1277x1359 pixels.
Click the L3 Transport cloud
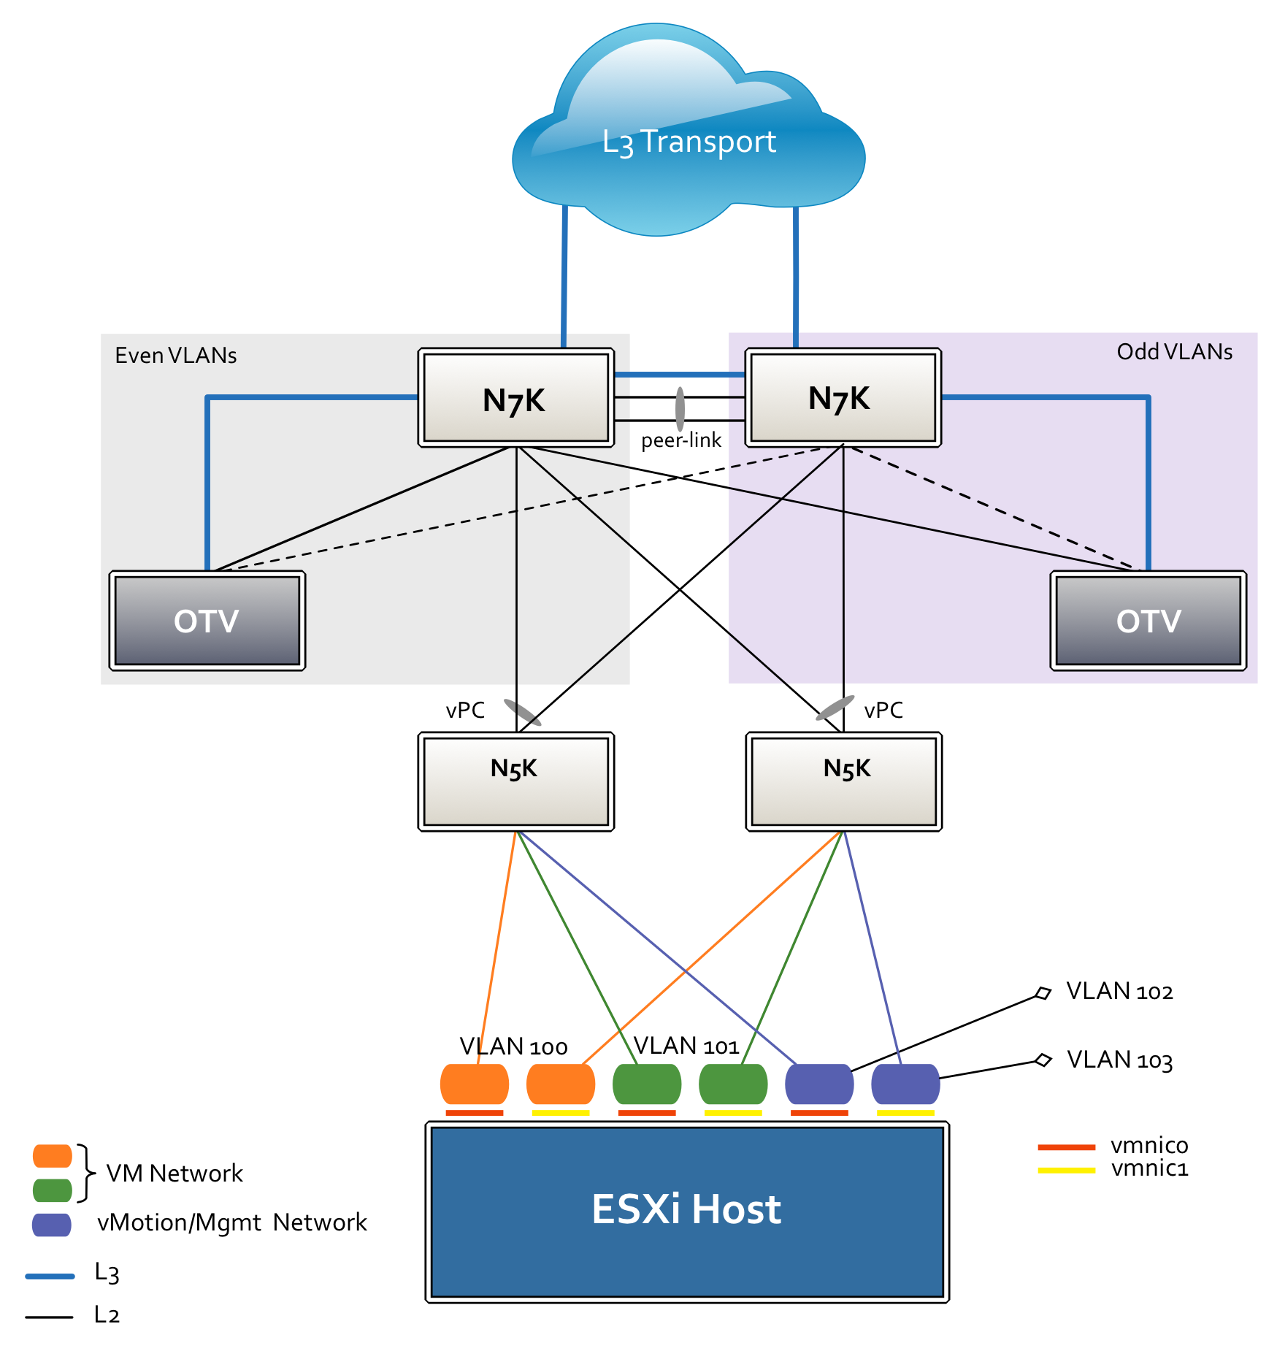pos(689,131)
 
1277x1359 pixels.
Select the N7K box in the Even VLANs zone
pos(515,397)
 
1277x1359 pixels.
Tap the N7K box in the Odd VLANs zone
pos(843,397)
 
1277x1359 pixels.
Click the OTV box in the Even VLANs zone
pos(207,621)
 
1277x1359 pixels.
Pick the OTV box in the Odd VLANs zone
pos(1148,621)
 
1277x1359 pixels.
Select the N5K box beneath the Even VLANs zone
pos(515,781)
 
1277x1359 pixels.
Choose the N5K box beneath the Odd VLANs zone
pos(843,781)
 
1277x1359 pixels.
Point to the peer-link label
pos(681,440)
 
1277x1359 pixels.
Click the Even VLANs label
pos(176,356)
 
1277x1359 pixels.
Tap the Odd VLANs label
pos(1175,352)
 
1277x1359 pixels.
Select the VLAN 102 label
pos(1120,991)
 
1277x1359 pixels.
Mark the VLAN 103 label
pos(1120,1060)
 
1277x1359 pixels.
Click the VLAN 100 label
pos(513,1046)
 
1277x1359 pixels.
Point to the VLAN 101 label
pos(686,1046)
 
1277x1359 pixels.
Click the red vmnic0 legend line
pos(1066,1147)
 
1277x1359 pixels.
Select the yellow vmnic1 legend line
pos(1066,1171)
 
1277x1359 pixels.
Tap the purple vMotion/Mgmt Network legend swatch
pos(52,1225)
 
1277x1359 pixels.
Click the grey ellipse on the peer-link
pos(680,409)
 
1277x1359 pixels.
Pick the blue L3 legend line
pos(50,1276)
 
